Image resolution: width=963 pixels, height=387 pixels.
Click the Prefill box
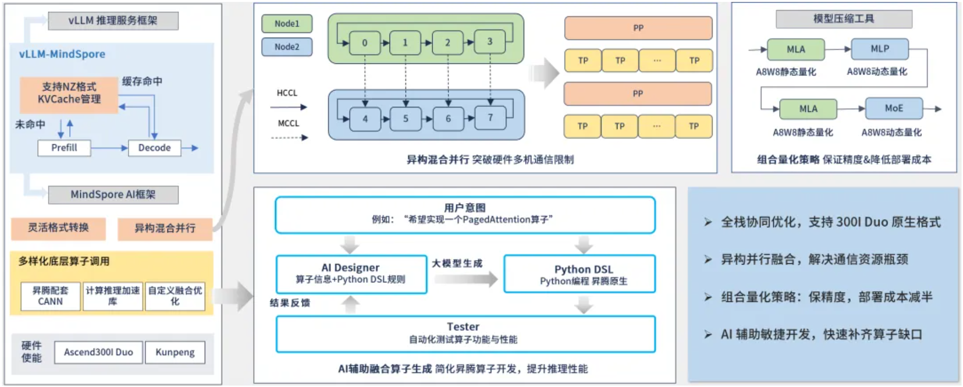[64, 148]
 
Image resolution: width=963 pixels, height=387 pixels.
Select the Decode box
[154, 148]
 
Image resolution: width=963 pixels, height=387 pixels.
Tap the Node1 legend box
[286, 24]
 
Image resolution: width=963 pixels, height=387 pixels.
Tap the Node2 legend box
[286, 47]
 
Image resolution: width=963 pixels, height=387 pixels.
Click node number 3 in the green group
[490, 42]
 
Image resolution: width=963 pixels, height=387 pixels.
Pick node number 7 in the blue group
[490, 118]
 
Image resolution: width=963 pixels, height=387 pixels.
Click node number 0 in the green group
[364, 43]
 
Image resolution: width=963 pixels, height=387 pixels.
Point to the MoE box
[893, 108]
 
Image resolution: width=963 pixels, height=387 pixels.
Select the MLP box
[879, 49]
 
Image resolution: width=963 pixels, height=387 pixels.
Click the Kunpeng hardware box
[175, 352]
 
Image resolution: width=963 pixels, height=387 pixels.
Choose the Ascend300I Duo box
[98, 352]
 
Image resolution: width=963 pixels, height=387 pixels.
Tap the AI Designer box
[351, 274]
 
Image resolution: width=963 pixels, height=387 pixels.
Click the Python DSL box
[579, 274]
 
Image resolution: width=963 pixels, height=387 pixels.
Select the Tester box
[465, 333]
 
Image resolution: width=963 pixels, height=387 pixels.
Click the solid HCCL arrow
[289, 107]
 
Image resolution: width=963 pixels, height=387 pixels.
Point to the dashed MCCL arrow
[289, 138]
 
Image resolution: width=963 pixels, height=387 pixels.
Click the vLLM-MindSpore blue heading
[62, 54]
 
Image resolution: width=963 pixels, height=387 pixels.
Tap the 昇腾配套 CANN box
[50, 296]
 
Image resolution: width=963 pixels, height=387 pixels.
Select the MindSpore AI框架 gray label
[113, 194]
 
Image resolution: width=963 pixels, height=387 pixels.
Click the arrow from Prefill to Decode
[109, 148]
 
